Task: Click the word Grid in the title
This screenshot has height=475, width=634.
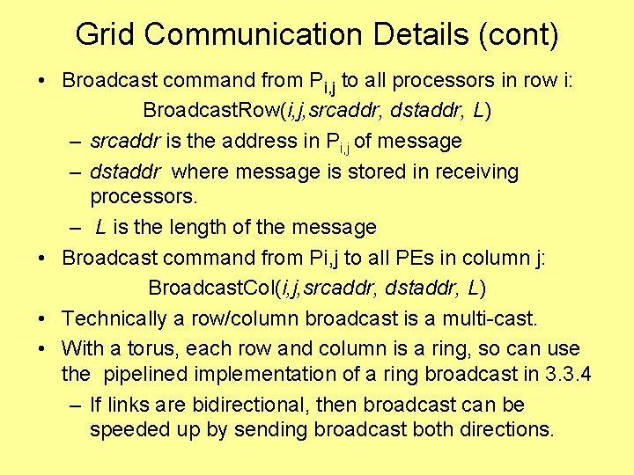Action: [x=105, y=34]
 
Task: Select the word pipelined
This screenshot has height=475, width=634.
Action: [x=149, y=375]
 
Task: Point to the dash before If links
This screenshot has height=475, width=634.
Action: [x=76, y=405]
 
